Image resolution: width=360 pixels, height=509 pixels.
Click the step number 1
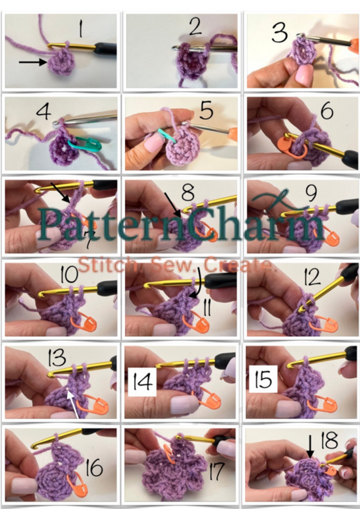coord(82,30)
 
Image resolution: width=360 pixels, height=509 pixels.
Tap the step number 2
coord(196,28)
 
